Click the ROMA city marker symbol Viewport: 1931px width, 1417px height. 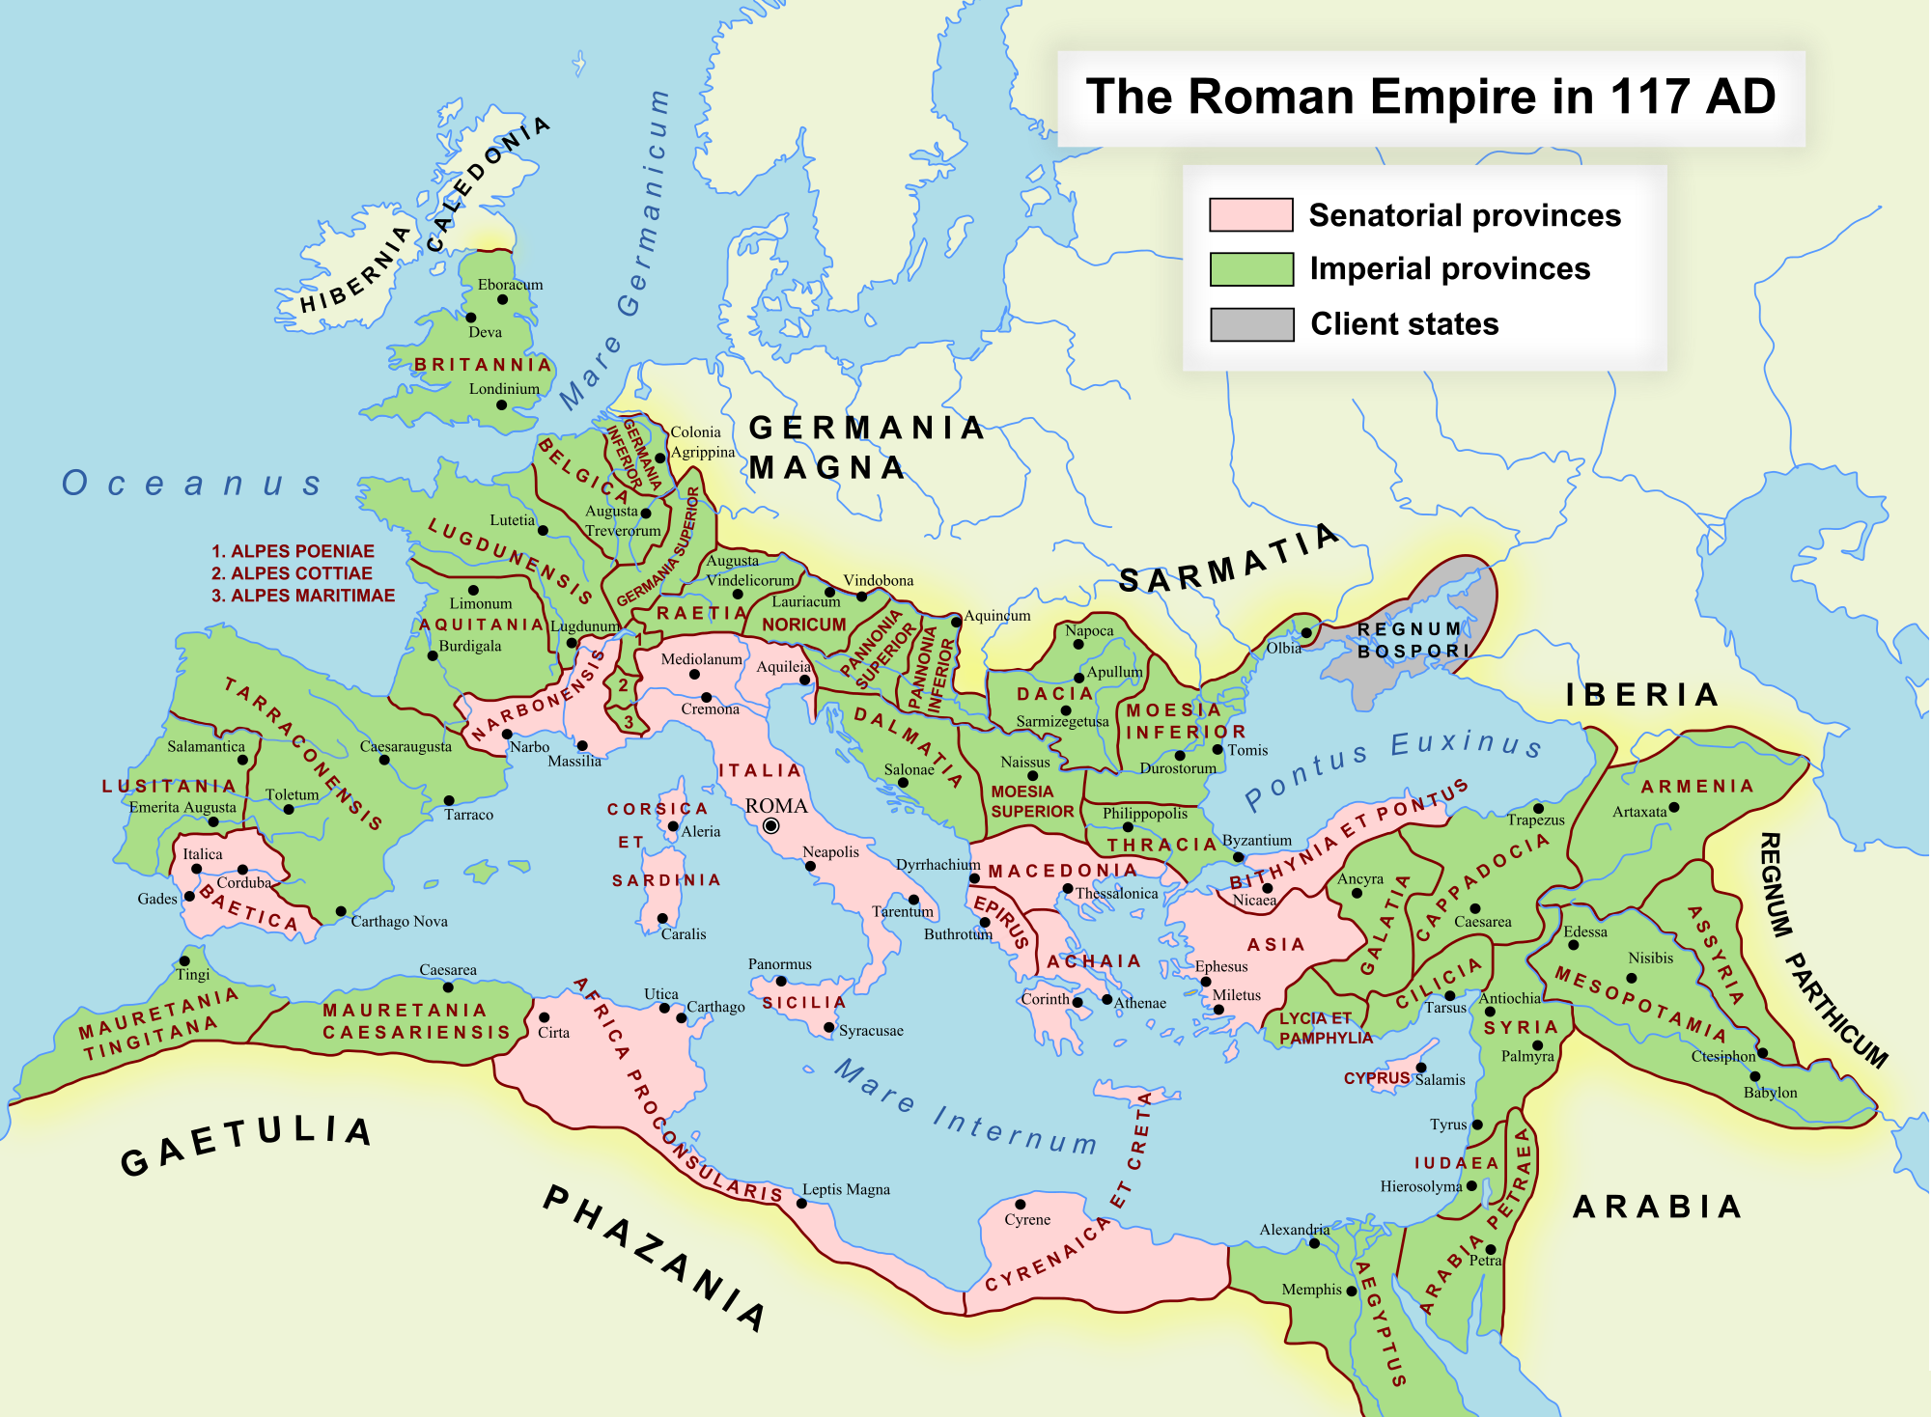click(x=771, y=825)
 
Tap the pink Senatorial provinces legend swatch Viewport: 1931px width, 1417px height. click(x=1250, y=214)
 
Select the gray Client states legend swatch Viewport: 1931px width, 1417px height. click(x=1251, y=324)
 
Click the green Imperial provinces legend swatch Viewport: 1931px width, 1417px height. click(x=1251, y=269)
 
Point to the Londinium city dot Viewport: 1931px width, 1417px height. click(x=501, y=405)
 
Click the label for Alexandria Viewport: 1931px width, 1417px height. click(x=1294, y=1229)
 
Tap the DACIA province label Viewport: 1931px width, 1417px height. click(x=1054, y=693)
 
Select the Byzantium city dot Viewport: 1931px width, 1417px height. click(x=1239, y=857)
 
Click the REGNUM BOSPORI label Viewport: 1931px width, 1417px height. click(x=1413, y=640)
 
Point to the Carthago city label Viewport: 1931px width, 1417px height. click(x=715, y=1007)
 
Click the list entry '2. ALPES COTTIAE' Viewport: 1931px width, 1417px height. click(x=292, y=573)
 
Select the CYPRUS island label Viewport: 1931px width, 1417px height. click(x=1376, y=1078)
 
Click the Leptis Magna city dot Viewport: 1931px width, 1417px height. click(x=801, y=1204)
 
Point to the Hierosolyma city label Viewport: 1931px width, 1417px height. click(x=1420, y=1186)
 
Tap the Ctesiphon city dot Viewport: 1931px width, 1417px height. click(x=1762, y=1053)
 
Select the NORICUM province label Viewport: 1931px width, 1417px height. click(x=803, y=625)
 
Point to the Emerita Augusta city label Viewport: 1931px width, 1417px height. click(x=182, y=807)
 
